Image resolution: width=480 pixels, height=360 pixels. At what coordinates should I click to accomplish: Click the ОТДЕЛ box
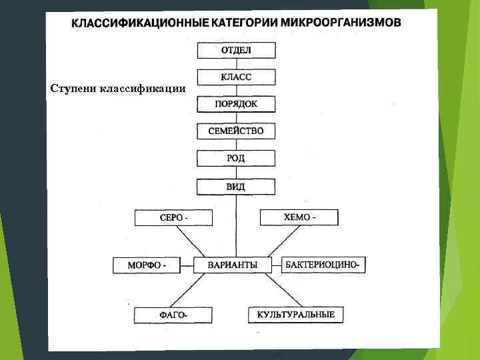[x=236, y=50]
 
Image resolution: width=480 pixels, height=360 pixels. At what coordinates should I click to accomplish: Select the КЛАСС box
[x=236, y=77]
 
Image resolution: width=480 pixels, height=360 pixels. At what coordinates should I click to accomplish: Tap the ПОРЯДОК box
[x=236, y=104]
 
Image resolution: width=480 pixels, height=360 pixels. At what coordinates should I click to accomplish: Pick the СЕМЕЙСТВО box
[x=236, y=131]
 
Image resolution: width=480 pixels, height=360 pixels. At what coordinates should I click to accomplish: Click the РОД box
[x=236, y=159]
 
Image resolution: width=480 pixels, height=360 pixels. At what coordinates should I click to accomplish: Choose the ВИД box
[x=236, y=187]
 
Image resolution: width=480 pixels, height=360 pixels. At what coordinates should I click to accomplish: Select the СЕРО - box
[x=173, y=218]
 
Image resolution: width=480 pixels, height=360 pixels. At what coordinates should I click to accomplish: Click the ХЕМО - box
[x=299, y=217]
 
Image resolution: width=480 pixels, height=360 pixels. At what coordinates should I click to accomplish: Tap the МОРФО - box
[x=147, y=266]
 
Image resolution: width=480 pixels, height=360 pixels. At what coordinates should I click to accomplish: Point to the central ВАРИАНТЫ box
[x=233, y=265]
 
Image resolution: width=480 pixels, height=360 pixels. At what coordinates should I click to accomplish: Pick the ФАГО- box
[x=173, y=315]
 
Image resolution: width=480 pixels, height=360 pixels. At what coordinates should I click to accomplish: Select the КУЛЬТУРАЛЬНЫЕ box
[x=296, y=314]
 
